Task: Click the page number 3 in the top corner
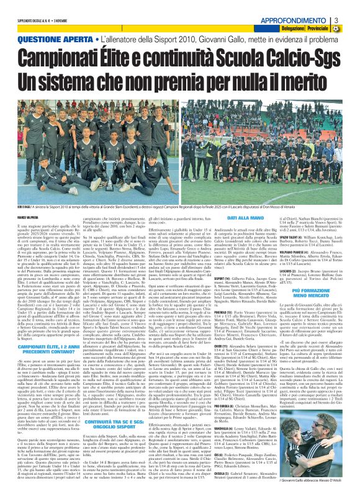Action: click(353, 7)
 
